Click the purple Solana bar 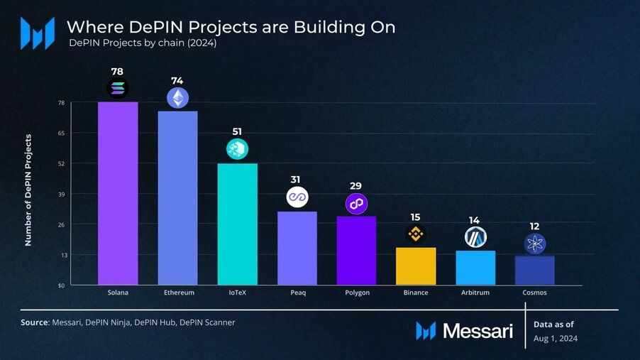point(118,193)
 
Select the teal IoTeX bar point(237,224)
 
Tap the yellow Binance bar point(416,266)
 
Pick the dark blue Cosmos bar point(534,271)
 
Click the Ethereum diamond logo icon point(177,98)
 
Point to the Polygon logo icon point(356,204)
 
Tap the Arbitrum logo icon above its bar point(475,237)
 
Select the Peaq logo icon point(297,197)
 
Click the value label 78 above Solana point(118,72)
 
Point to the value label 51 point(237,132)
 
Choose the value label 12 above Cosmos point(534,227)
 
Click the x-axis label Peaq point(297,293)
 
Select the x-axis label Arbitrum point(475,293)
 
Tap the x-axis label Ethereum point(177,293)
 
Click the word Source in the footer point(34,322)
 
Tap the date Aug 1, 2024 point(555,339)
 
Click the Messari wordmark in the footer point(477,331)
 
